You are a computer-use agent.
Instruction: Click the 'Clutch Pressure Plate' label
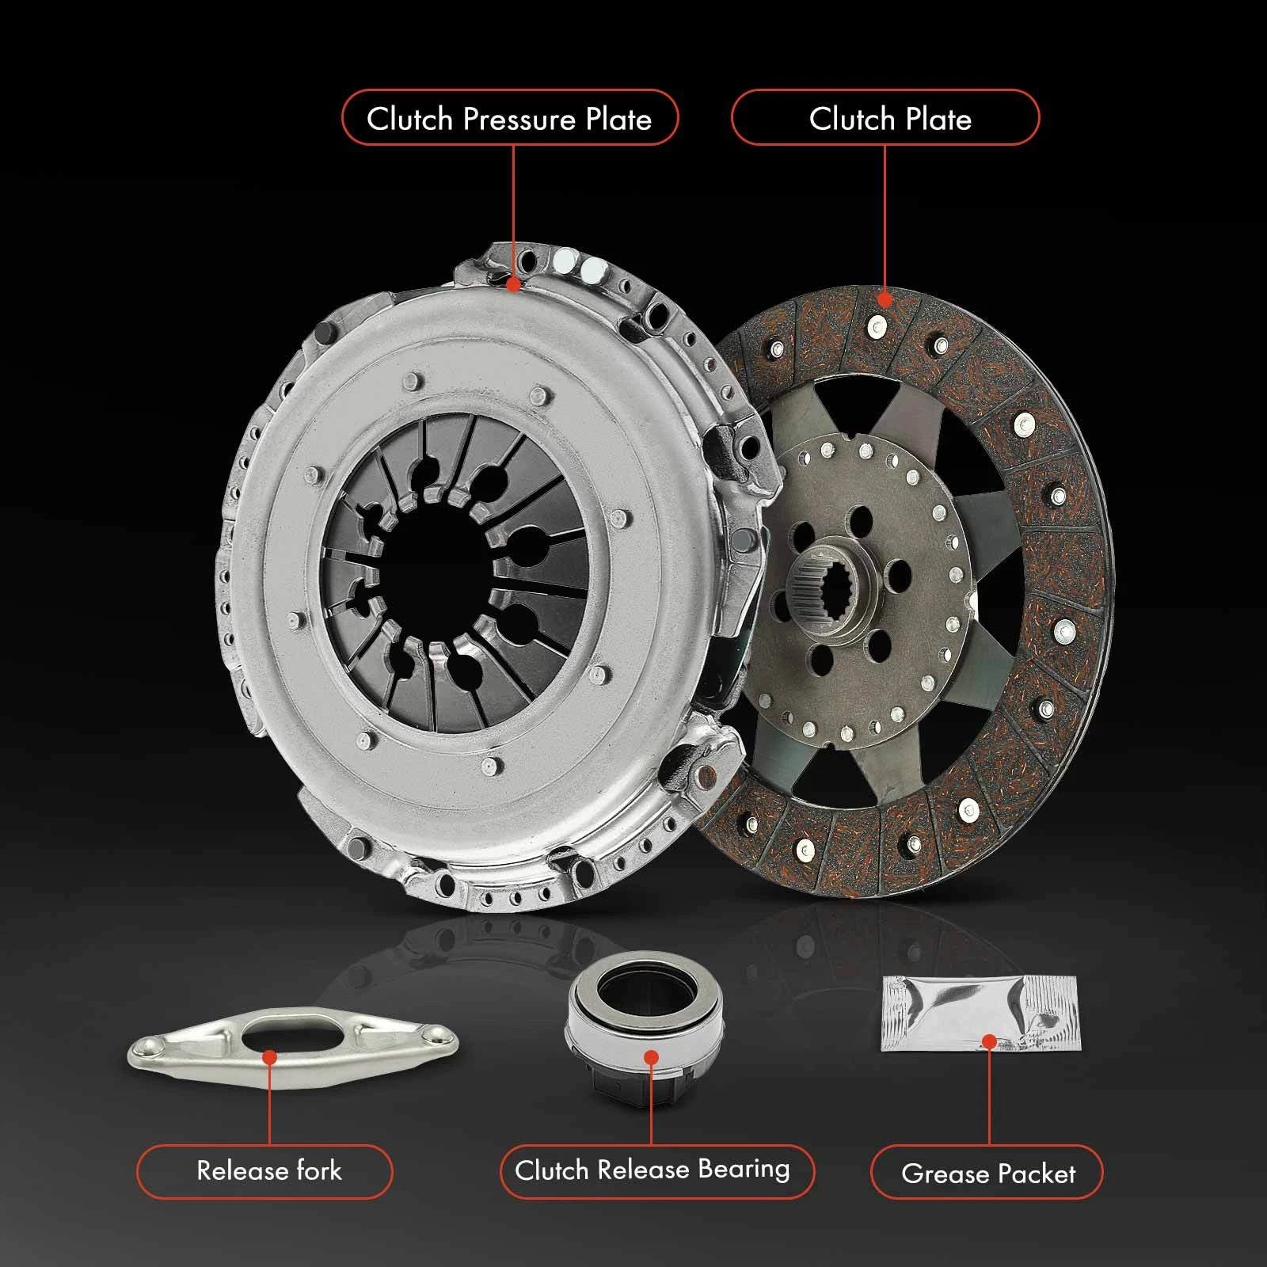(x=510, y=118)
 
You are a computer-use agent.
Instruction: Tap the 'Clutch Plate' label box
(x=885, y=118)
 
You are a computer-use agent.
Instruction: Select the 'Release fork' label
(x=264, y=1170)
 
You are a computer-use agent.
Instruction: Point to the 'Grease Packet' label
(x=987, y=1172)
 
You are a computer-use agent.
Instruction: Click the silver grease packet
(x=981, y=1014)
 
